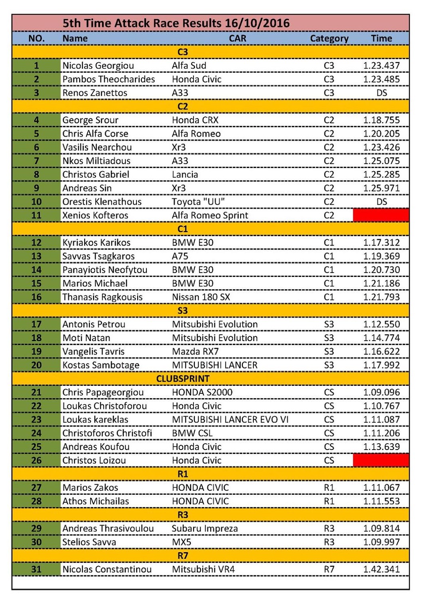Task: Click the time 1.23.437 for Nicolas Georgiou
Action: tap(381, 66)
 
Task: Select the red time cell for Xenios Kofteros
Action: tap(381, 215)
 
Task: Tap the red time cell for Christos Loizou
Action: tap(381, 460)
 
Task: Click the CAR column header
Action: tap(237, 39)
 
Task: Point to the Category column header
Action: tap(329, 39)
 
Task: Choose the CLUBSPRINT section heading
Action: tap(183, 379)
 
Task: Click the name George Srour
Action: tap(90, 120)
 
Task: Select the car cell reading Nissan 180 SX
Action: tap(201, 297)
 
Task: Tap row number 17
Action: tap(36, 324)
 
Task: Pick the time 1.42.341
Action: tap(381, 569)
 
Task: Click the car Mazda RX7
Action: tap(195, 351)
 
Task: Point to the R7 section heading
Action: tap(183, 556)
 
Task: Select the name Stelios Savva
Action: tap(89, 542)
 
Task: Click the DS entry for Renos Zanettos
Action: tap(381, 93)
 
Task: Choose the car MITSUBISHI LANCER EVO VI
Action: tap(230, 420)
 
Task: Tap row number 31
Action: tap(36, 569)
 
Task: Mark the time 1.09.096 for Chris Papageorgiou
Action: tap(381, 393)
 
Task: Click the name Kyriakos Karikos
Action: tap(96, 243)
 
